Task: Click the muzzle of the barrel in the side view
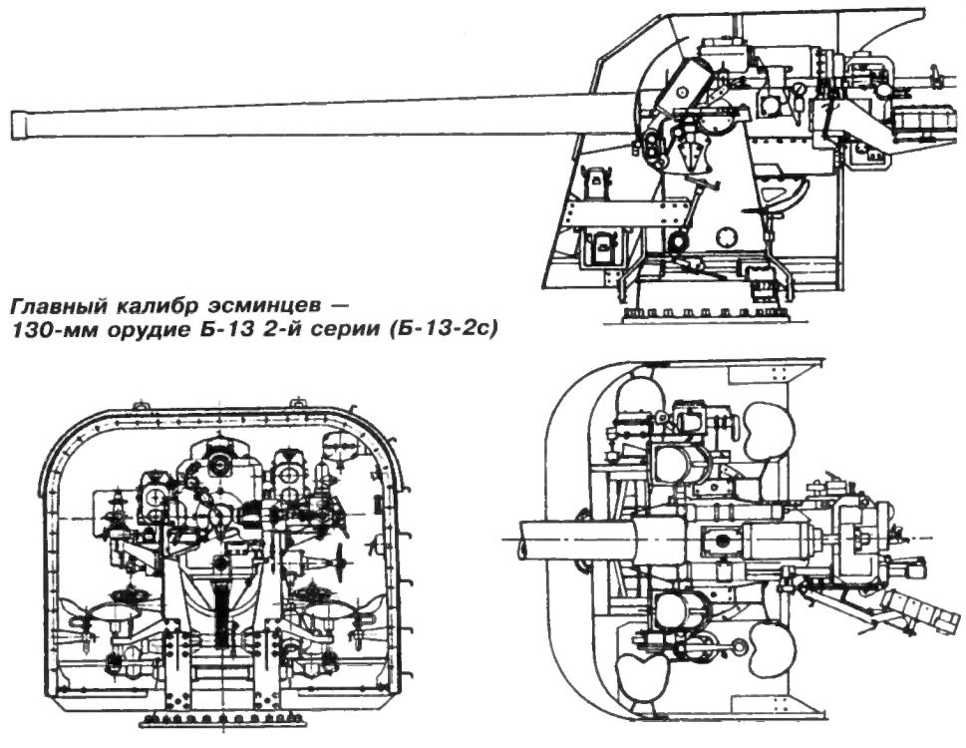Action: click(19, 125)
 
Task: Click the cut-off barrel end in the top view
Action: click(523, 540)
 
